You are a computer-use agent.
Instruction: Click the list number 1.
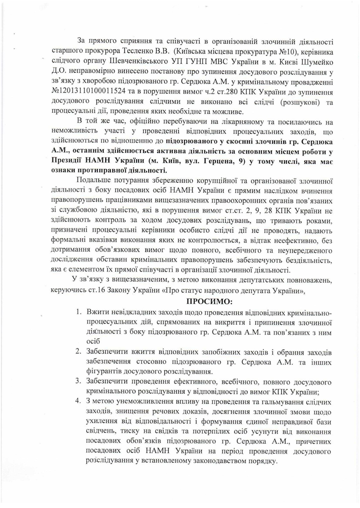pos(78,314)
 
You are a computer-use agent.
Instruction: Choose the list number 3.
pos(78,381)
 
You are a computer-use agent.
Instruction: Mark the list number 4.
pos(78,402)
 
